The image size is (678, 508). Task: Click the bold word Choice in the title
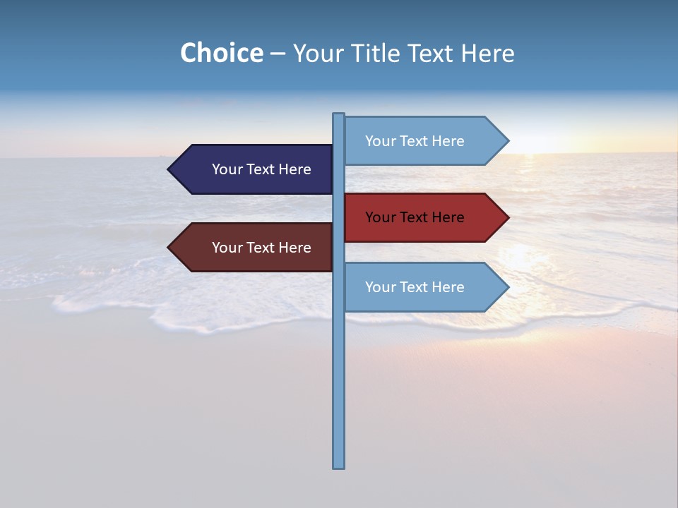(221, 53)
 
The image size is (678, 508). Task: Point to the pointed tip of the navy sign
(169, 169)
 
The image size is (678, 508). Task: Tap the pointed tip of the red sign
(507, 217)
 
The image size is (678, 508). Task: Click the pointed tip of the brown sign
(169, 248)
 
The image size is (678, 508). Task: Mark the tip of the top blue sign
(507, 141)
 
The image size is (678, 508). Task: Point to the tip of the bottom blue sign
(507, 287)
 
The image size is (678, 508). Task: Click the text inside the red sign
(415, 217)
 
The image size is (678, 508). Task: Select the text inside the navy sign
(261, 169)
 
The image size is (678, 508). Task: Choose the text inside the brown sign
(261, 248)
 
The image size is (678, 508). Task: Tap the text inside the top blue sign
(415, 141)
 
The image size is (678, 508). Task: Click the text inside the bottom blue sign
(415, 287)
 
